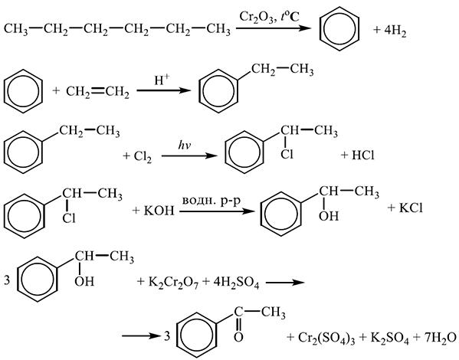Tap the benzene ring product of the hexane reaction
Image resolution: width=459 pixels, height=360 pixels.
point(339,29)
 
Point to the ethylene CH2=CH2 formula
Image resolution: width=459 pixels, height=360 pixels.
point(97,92)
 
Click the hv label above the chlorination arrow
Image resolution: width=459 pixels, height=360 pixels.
point(185,146)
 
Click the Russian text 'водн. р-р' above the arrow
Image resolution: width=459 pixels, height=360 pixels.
point(211,201)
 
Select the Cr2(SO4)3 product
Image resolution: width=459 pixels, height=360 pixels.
point(326,339)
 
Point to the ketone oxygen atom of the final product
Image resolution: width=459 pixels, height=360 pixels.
point(238,338)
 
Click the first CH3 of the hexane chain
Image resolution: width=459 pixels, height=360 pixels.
point(16,29)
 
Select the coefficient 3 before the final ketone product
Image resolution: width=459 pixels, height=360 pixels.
point(166,336)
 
